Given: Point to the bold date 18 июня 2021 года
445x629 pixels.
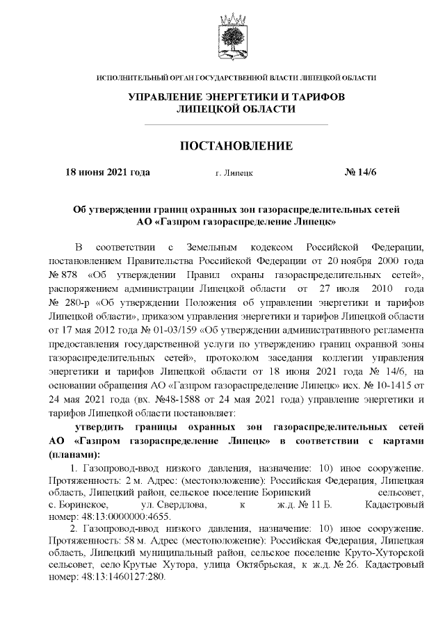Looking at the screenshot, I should click(x=107, y=172).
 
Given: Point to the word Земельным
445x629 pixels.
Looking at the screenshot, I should click(x=214, y=246).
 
